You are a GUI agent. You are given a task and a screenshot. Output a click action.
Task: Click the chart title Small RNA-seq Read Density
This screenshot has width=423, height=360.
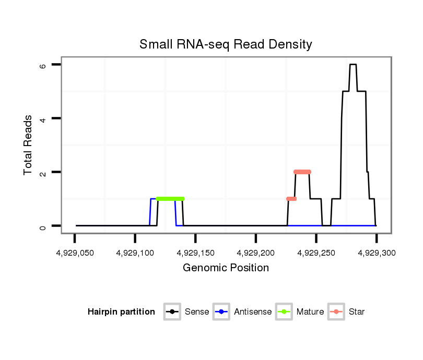226,44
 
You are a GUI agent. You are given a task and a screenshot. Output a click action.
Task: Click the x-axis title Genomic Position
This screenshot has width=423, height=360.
226,268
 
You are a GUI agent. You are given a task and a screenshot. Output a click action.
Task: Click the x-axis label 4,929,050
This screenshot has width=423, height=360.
75,253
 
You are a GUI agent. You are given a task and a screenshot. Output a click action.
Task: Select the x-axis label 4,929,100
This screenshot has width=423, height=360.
135,253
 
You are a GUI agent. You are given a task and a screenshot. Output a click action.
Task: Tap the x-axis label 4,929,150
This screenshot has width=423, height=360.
195,253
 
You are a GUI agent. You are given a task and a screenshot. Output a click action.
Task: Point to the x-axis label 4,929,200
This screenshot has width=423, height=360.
256,253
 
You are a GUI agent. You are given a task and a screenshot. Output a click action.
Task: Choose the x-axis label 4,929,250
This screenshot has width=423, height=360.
316,253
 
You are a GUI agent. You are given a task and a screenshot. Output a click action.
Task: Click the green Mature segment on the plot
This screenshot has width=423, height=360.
170,199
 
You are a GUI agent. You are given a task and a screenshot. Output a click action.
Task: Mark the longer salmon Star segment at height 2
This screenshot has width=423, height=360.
302,172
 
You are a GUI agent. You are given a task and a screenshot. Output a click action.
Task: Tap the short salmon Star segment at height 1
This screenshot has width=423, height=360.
291,199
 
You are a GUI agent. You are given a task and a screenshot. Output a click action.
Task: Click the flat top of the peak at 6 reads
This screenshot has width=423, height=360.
353,65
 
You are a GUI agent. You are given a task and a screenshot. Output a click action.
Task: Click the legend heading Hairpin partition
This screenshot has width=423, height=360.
121,312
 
